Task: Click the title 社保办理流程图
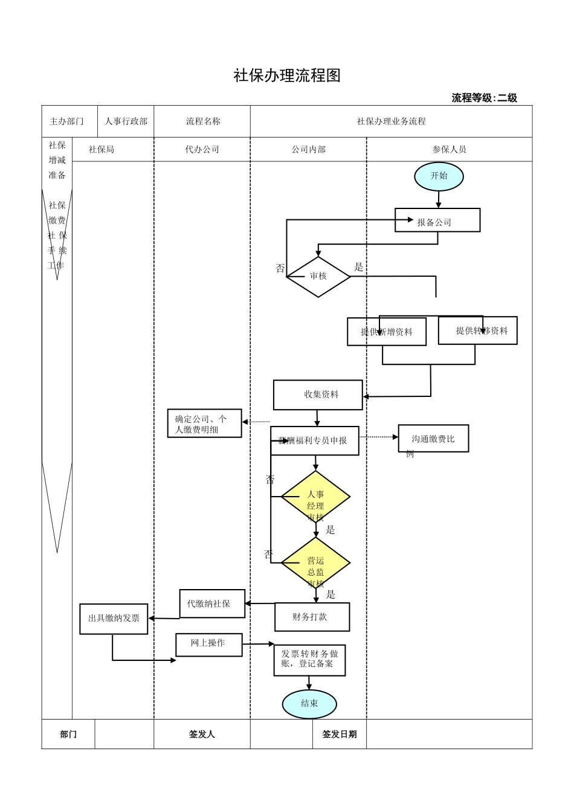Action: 287,76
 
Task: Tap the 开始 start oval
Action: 439,176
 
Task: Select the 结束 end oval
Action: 309,703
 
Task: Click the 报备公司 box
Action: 437,221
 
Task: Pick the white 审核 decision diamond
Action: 318,277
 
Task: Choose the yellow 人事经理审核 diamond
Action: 315,497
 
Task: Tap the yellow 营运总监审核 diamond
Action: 315,563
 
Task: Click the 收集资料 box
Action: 318,395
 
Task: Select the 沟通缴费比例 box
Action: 433,439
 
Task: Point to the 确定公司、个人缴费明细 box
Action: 204,424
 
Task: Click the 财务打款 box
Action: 312,617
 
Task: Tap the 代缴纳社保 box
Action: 212,604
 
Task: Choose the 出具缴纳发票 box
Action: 114,619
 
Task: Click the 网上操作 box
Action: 208,644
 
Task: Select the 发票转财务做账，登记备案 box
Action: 309,660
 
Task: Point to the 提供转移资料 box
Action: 478,330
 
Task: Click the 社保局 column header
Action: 102,149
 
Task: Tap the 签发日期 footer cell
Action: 339,734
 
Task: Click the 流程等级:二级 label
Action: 484,98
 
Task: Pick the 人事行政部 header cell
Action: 126,121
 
